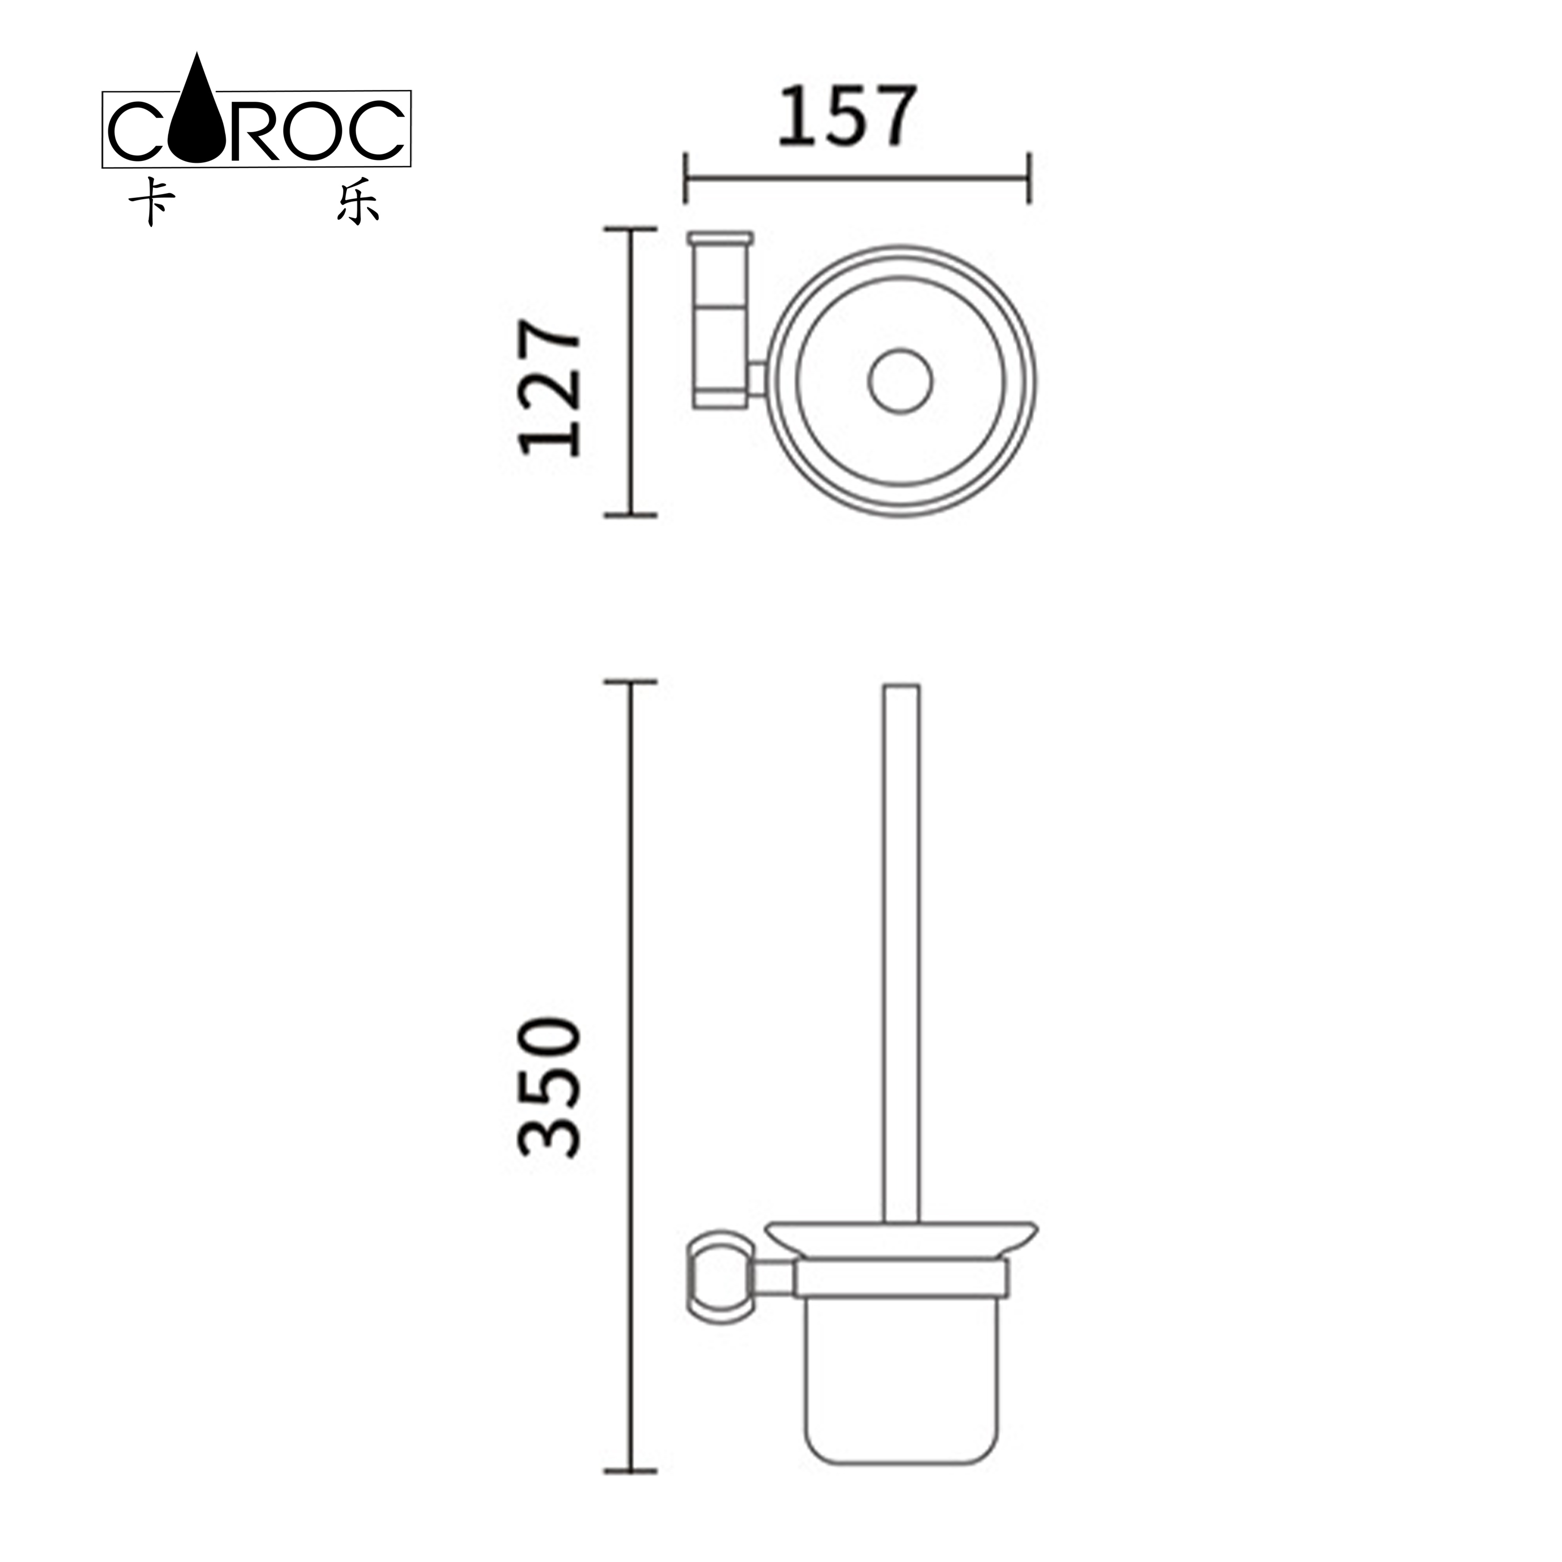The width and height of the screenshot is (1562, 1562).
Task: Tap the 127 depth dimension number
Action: (550, 387)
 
